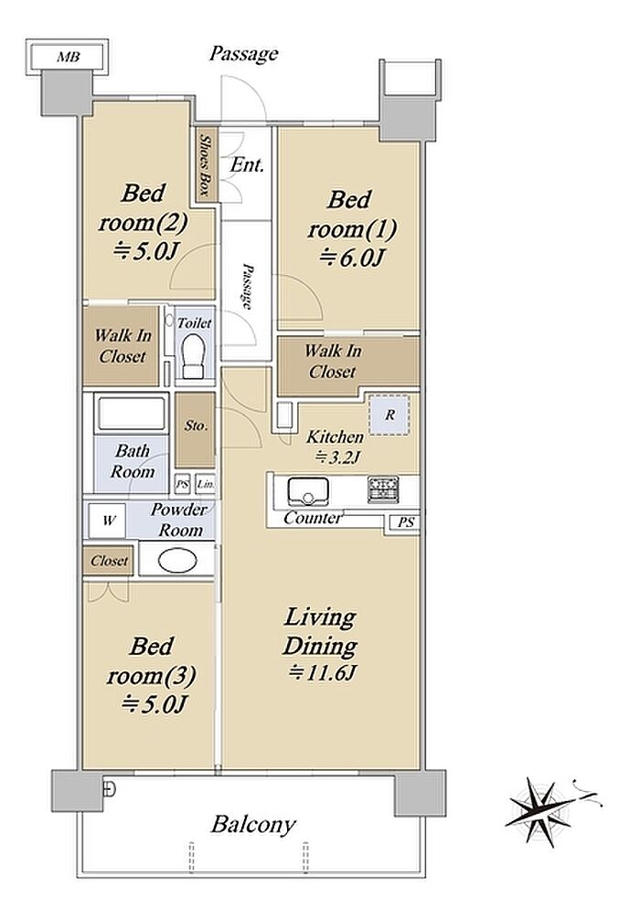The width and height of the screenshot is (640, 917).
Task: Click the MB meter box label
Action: point(68,58)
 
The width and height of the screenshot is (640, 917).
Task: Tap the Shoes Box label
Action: point(205,165)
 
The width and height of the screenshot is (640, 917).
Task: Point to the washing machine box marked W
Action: point(108,520)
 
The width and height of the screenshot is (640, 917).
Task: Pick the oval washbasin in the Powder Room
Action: point(176,561)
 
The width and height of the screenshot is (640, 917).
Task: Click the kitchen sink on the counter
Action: point(307,490)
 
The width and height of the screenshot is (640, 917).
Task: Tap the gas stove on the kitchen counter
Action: point(383,490)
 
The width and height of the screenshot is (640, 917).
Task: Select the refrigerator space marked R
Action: point(389,415)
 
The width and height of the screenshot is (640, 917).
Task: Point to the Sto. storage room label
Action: point(197,426)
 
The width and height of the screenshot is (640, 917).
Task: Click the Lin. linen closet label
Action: point(205,484)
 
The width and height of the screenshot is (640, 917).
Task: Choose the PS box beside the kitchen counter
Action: point(406,522)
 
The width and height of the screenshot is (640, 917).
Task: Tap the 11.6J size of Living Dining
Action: point(322,673)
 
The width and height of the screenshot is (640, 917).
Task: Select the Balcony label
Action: point(253,825)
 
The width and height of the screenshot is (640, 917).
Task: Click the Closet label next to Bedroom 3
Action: point(109,561)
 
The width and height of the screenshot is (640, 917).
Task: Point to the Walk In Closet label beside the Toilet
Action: point(123,345)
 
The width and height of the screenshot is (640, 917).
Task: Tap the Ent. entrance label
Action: point(247,165)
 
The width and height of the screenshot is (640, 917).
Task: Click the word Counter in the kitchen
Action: point(312,518)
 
